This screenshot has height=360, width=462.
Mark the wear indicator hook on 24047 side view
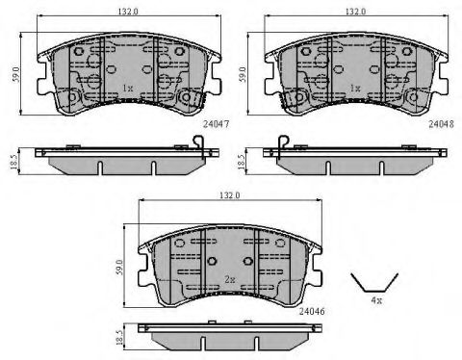click(199, 144)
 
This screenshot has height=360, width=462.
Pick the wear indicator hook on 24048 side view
click(278, 144)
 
